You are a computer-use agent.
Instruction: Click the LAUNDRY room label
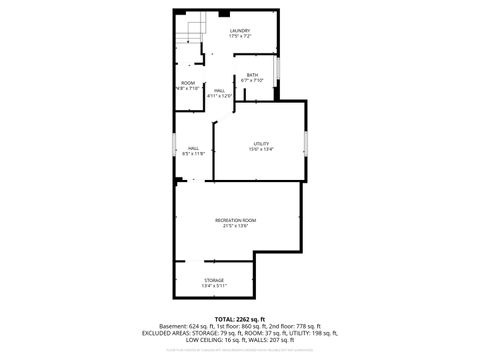tap(239, 31)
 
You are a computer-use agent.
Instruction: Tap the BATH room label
tap(253, 75)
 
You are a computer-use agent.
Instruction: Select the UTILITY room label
tap(262, 143)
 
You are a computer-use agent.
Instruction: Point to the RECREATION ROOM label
tap(235, 220)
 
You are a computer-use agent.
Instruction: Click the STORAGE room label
tap(214, 280)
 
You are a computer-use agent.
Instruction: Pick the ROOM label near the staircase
tap(188, 82)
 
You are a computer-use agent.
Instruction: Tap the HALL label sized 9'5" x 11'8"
tap(193, 148)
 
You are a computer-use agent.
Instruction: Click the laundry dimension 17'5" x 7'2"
tap(239, 37)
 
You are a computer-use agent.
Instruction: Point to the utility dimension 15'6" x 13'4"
tap(262, 149)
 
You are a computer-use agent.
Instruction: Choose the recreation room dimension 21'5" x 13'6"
tap(235, 226)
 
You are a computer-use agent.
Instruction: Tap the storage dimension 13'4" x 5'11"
tap(214, 286)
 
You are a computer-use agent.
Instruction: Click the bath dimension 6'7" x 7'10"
tap(253, 81)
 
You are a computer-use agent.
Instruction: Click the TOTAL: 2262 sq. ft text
tap(240, 319)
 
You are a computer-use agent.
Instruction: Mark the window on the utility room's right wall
tap(306, 142)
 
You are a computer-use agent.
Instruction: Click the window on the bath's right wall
tap(278, 72)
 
